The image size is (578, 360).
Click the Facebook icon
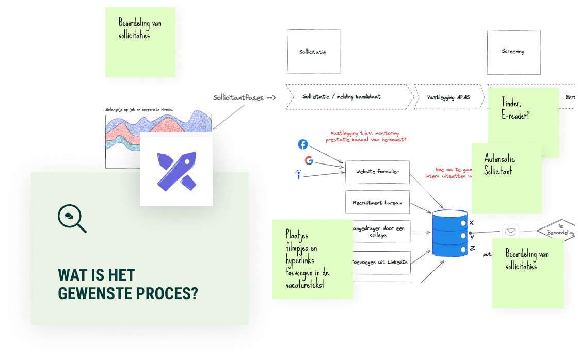[303, 144]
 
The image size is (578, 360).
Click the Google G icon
[309, 160]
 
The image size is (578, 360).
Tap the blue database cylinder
[449, 233]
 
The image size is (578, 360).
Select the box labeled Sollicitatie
[313, 52]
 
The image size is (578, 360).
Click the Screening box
[513, 52]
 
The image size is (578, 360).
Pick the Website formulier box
[377, 172]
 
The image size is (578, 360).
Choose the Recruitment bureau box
[377, 203]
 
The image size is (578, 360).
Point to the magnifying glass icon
[72, 219]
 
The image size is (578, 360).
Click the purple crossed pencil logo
[176, 170]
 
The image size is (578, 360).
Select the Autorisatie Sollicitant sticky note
[506, 178]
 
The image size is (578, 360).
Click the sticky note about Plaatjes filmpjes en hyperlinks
[312, 259]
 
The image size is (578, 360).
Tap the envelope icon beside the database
[510, 232]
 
